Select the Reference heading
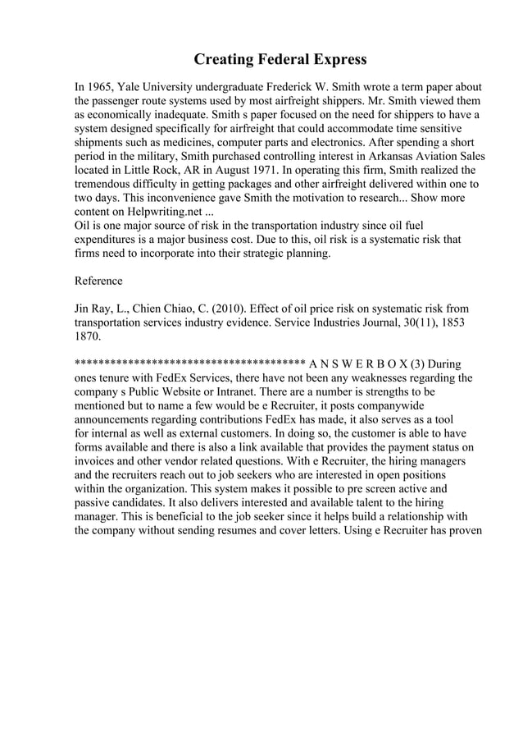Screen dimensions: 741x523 point(98,281)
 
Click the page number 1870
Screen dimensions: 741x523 point(89,336)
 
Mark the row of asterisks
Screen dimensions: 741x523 point(189,364)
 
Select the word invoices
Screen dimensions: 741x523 point(102,461)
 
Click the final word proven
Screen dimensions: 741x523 point(462,530)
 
